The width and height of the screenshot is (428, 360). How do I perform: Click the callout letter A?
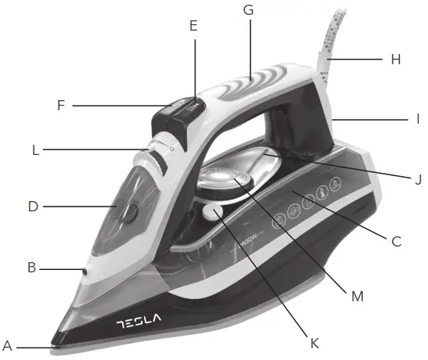click(8, 344)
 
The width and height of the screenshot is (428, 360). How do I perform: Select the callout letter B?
click(31, 268)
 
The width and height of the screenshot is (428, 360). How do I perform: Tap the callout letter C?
click(397, 241)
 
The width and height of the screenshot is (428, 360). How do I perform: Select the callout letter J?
click(418, 178)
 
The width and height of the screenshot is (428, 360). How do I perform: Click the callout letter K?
click(314, 342)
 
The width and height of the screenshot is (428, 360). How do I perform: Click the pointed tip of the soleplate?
click(55, 342)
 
